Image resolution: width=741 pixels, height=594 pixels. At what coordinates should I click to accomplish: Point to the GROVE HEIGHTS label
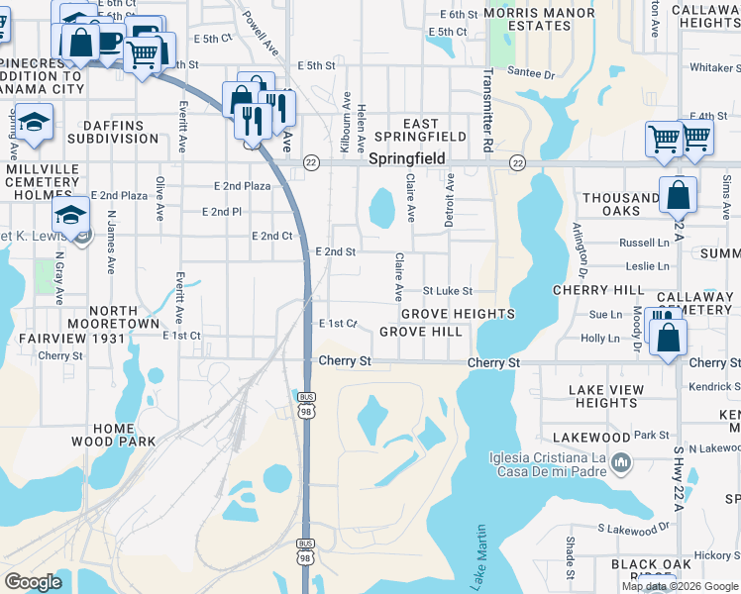(458, 314)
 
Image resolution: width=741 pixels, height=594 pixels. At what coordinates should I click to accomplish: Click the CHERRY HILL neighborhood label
(597, 290)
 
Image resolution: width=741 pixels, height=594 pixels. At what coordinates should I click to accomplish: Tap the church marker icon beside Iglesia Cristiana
(621, 462)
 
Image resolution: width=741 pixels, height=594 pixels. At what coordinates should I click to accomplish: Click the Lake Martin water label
(481, 559)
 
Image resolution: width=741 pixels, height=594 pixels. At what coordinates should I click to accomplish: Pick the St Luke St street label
(448, 292)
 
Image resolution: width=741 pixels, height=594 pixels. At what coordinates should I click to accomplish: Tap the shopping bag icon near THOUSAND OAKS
(680, 194)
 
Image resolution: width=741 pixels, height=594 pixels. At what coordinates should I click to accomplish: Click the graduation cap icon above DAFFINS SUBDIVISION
(34, 123)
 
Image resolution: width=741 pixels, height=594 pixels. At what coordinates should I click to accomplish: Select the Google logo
(33, 582)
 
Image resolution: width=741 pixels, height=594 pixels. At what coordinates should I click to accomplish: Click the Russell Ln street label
(644, 243)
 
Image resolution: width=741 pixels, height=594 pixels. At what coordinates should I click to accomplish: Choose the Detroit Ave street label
(449, 201)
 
